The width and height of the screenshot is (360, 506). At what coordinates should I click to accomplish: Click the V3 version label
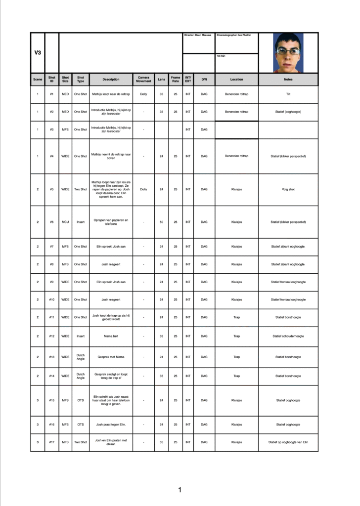38,52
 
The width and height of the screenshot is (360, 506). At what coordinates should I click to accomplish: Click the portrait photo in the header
288,52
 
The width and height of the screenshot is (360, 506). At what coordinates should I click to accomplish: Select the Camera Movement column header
143,79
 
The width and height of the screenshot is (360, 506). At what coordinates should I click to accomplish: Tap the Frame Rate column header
176,79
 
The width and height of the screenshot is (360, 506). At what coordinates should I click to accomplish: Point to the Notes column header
288,79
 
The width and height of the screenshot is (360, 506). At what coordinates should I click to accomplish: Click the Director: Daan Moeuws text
198,35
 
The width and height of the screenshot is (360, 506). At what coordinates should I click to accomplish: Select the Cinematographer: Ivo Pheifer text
234,35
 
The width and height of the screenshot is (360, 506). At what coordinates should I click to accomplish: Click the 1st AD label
221,56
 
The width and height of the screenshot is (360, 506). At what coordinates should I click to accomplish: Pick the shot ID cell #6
52,222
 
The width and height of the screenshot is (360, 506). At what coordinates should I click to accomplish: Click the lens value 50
161,222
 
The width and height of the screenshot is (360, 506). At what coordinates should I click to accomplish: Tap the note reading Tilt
288,94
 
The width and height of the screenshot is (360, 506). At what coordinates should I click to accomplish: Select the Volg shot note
288,189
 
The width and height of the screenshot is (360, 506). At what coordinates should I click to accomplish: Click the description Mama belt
111,336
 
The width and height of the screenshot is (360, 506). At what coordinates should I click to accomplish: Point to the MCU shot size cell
65,222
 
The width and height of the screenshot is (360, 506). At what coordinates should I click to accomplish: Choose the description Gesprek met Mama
111,357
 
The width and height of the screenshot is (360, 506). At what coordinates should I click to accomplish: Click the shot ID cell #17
52,442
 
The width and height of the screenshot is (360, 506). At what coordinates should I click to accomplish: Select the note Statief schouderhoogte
288,336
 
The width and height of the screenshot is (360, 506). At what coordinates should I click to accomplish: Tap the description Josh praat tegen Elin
111,424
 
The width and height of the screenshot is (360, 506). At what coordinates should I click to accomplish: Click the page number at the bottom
180,490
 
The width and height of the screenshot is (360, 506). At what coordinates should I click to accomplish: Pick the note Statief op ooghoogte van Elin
288,442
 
